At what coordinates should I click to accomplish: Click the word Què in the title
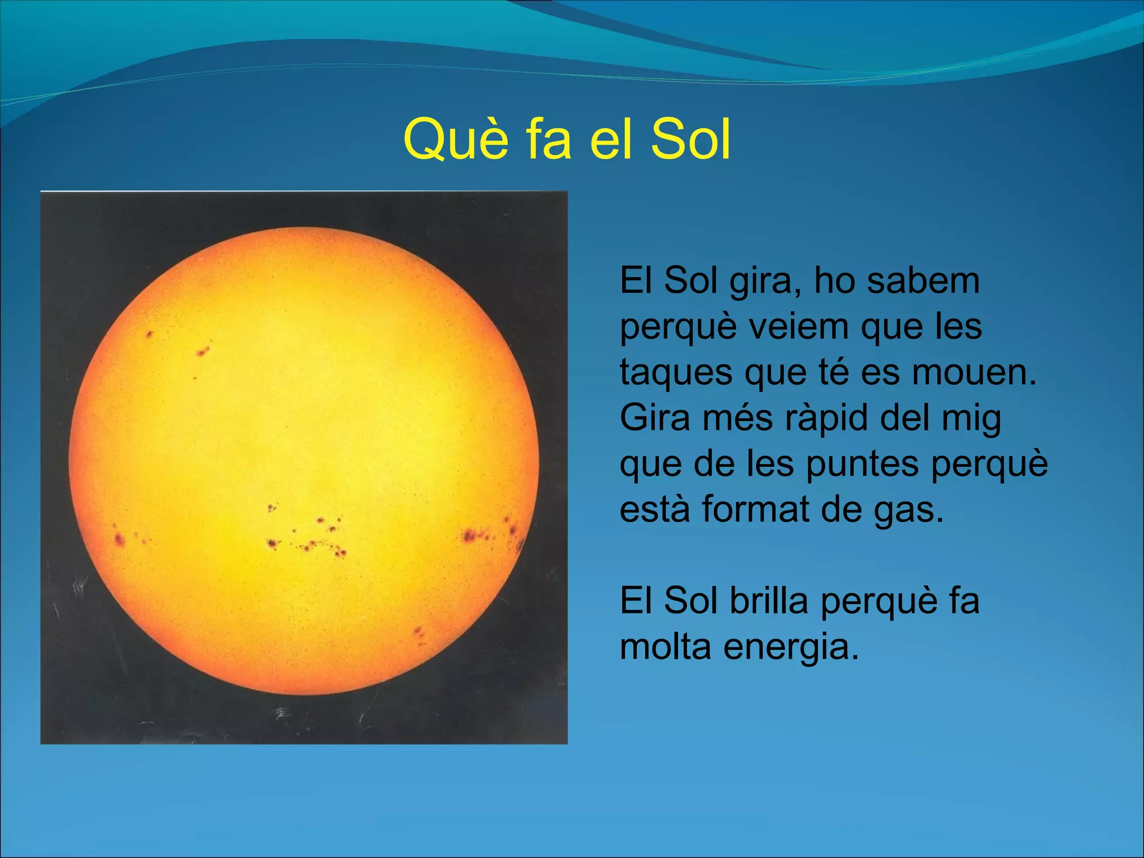point(456,140)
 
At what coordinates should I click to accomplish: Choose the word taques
point(676,373)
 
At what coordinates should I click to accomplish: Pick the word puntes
point(862,465)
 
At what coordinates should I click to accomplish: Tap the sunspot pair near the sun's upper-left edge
point(202,351)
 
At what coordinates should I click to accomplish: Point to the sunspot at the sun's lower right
point(418,633)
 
